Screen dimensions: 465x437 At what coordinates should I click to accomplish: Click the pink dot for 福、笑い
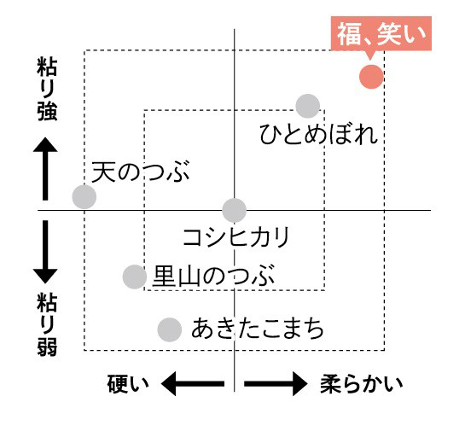coord(371,77)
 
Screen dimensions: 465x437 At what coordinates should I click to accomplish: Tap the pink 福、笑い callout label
coord(381,33)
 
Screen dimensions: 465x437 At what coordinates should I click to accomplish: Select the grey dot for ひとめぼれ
coord(308,106)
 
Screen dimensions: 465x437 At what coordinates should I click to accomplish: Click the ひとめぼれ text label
coord(319,134)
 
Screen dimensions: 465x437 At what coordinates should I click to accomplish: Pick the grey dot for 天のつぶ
coord(84,196)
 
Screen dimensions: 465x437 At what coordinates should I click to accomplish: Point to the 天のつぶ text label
coord(141,172)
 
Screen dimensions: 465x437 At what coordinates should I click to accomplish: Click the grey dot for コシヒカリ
coord(235,210)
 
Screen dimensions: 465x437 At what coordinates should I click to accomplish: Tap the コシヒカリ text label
coord(236,237)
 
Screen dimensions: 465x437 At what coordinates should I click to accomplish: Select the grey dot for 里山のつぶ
coord(135,277)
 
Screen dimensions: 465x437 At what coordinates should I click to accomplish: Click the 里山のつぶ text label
coord(213,276)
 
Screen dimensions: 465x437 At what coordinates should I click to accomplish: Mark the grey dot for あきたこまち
coord(170,329)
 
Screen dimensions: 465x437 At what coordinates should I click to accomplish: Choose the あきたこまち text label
coord(257,328)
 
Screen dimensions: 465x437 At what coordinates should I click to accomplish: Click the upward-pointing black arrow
coord(45,169)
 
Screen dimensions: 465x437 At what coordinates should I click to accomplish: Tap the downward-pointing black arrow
coord(45,252)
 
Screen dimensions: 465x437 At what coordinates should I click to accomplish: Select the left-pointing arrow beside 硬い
coord(193,383)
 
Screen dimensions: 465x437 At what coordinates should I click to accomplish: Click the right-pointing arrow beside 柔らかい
coord(276,383)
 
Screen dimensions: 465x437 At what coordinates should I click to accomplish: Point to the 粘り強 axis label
coord(47,90)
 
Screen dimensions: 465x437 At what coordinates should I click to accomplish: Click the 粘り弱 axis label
coord(47,324)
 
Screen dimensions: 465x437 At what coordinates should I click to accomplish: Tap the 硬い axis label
coord(128,384)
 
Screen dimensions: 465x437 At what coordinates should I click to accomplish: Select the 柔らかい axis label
coord(362,384)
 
